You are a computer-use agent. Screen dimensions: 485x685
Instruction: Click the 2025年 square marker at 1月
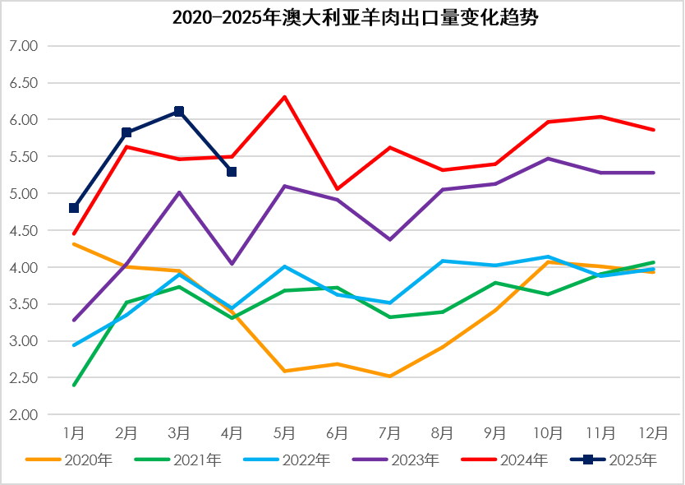click(74, 208)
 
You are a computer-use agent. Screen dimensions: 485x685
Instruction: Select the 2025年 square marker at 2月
click(126, 132)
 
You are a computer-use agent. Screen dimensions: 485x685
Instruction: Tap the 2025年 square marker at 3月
click(179, 111)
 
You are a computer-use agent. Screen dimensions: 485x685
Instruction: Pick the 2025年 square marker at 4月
click(232, 172)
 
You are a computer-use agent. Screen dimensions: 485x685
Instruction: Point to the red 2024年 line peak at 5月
click(284, 97)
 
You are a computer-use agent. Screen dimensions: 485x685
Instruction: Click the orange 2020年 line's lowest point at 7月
click(389, 376)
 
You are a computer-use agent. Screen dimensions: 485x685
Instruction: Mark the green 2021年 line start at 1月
click(74, 385)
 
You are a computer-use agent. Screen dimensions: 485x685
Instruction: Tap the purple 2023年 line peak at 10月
click(548, 159)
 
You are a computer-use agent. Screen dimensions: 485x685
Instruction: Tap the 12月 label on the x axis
click(653, 432)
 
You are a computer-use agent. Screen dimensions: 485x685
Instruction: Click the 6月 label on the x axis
click(337, 432)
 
